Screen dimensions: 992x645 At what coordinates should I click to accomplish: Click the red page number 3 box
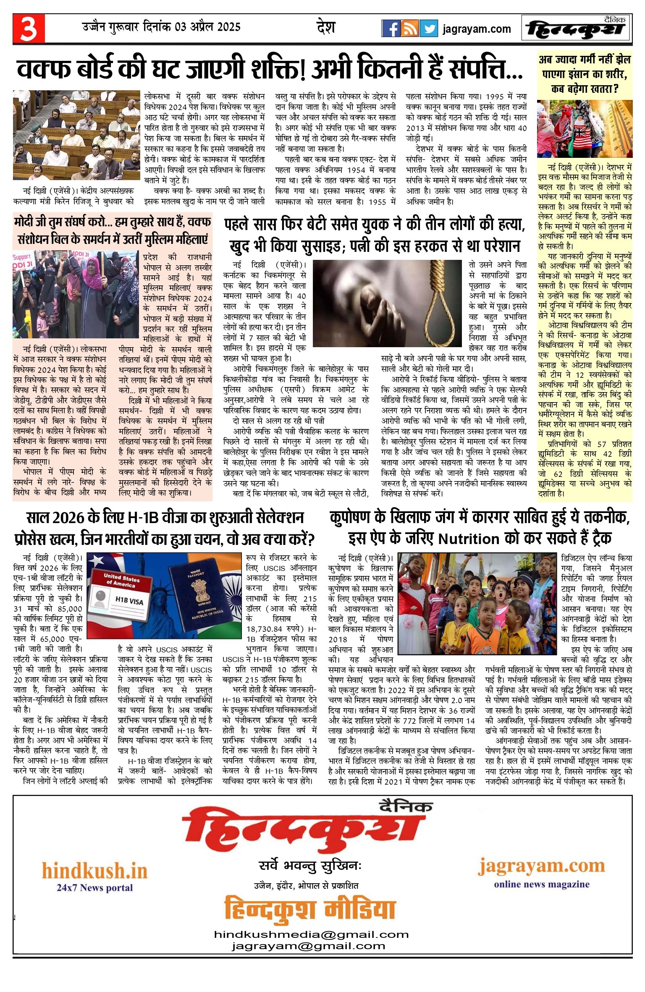click(28, 29)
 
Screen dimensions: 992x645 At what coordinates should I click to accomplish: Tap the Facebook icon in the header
click(391, 29)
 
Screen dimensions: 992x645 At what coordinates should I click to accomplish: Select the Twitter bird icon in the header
click(428, 29)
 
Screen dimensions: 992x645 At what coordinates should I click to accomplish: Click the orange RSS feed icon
click(409, 29)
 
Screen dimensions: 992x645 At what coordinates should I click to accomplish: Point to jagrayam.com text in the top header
click(477, 29)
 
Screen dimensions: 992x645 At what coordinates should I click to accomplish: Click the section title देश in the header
click(326, 27)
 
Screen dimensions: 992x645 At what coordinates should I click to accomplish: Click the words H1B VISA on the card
click(129, 601)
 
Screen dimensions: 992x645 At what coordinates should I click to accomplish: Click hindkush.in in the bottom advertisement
click(94, 871)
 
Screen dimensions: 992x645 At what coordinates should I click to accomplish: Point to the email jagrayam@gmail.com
click(308, 946)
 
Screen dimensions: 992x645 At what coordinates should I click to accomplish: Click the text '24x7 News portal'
click(94, 887)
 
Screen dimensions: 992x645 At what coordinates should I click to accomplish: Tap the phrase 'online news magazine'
click(542, 885)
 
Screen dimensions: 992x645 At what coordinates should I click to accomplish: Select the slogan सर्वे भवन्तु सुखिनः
click(310, 866)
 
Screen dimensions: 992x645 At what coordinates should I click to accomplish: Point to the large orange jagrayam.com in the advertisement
click(542, 866)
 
